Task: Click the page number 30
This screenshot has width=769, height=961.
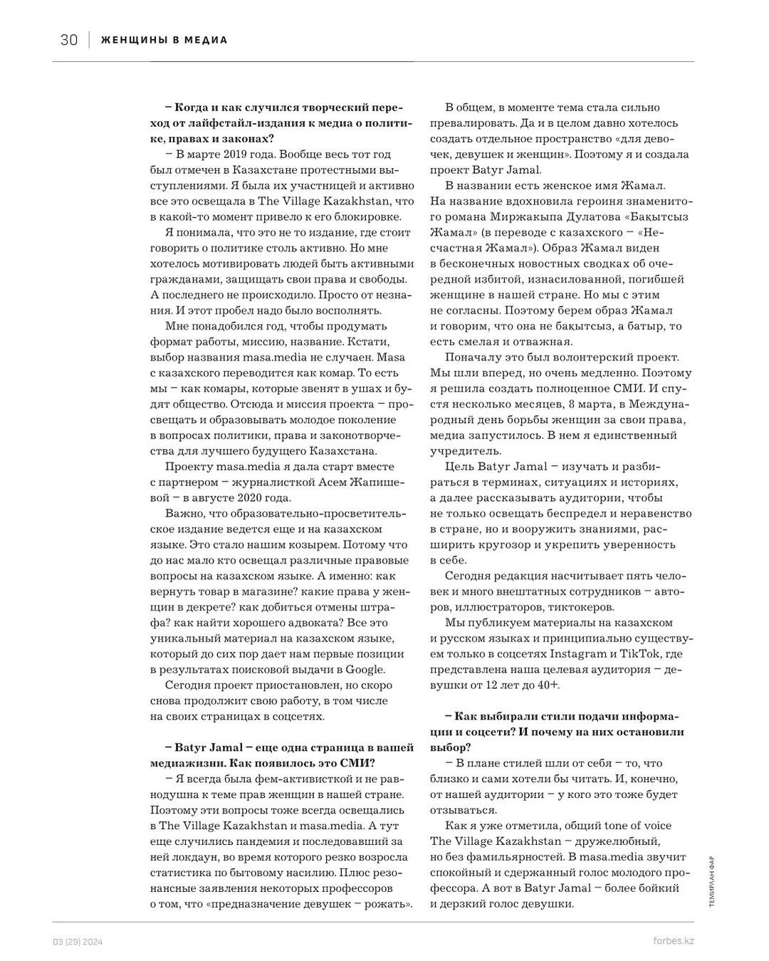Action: (69, 40)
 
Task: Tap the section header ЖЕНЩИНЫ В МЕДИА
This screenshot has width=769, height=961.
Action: (164, 40)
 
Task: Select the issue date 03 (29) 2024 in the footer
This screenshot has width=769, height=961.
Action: (78, 941)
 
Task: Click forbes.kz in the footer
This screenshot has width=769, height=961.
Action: (673, 940)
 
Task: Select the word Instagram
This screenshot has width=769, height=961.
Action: (575, 653)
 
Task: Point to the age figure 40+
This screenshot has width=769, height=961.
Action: (549, 685)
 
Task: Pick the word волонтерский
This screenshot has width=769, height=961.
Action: (592, 357)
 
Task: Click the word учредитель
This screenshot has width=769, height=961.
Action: (466, 451)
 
